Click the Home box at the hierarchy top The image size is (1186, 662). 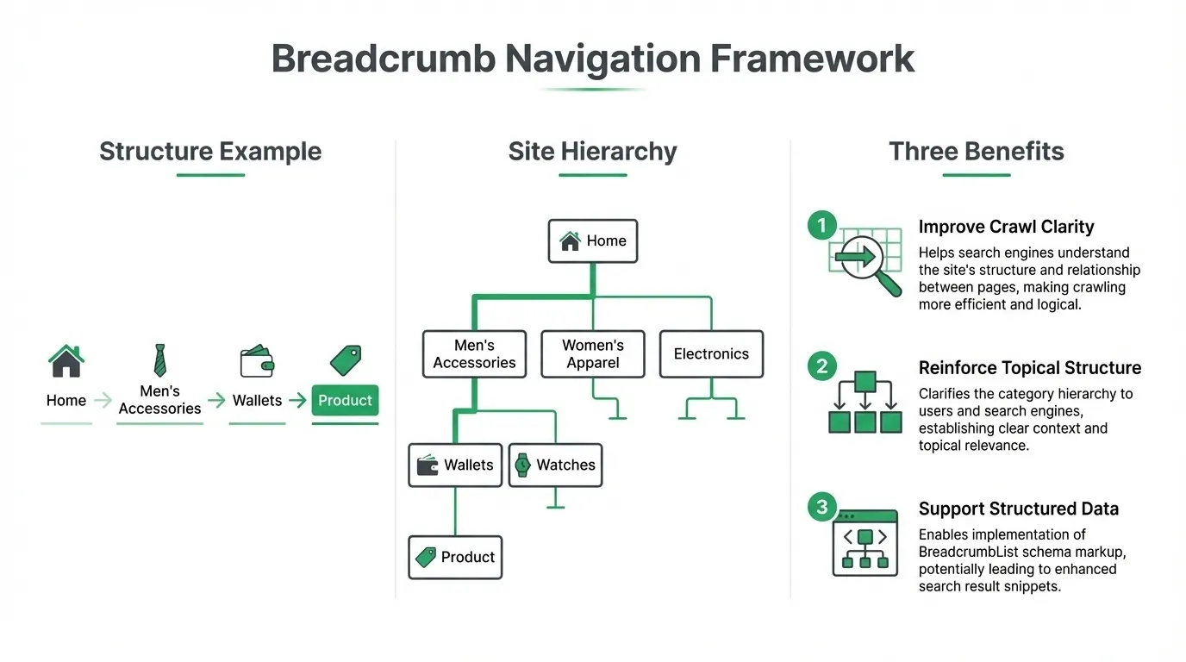[x=593, y=241]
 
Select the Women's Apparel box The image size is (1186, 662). [x=593, y=354]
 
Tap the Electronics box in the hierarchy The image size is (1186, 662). [x=711, y=354]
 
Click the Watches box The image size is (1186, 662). [x=555, y=465]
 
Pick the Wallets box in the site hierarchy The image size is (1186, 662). [x=455, y=465]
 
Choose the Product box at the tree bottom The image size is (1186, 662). [x=455, y=558]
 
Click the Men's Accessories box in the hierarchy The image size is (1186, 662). [x=474, y=354]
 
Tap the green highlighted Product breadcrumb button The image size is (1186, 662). [x=345, y=401]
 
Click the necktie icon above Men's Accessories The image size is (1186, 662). [x=159, y=360]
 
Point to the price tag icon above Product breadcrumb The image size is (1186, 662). [x=346, y=360]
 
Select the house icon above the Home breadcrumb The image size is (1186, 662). [x=66, y=360]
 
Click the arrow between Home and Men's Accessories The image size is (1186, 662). [x=103, y=401]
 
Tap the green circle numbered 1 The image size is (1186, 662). [x=821, y=226]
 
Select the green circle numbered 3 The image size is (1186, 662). [x=821, y=507]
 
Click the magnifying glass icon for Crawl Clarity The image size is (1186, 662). [x=865, y=261]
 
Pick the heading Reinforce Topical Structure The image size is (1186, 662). [x=1029, y=368]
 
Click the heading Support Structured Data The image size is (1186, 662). [x=1018, y=509]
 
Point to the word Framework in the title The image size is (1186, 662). [x=811, y=59]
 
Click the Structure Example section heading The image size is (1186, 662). [x=210, y=152]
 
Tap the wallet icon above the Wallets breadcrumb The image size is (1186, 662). [x=257, y=361]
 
